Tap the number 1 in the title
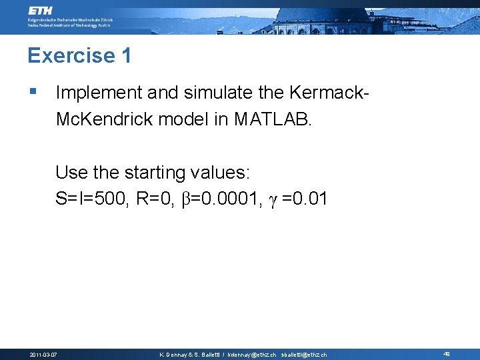click(126, 55)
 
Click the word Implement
click(99, 92)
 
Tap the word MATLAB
click(272, 119)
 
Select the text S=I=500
click(91, 199)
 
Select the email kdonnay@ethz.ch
click(251, 355)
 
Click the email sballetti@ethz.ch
click(304, 355)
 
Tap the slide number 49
click(447, 354)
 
